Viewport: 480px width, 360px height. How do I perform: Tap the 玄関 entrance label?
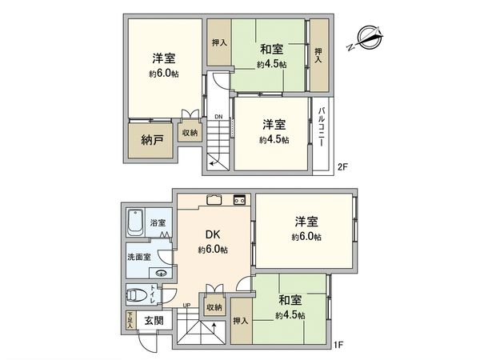pyautogui.click(x=152, y=320)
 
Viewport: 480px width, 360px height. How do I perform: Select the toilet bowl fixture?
pyautogui.click(x=137, y=295)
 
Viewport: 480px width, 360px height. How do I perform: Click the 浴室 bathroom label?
pyautogui.click(x=157, y=223)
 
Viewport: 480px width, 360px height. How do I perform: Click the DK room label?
pyautogui.click(x=212, y=235)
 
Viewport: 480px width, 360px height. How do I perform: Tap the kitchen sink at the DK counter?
pyautogui.click(x=214, y=200)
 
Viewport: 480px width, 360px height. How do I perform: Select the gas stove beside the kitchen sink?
pyautogui.click(x=238, y=199)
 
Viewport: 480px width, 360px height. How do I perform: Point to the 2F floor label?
pyautogui.click(x=342, y=167)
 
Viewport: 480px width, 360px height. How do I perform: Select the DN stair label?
pyautogui.click(x=218, y=118)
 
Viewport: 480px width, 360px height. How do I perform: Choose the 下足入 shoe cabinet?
pyautogui.click(x=130, y=321)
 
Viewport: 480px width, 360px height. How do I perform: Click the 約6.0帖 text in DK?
pyautogui.click(x=212, y=250)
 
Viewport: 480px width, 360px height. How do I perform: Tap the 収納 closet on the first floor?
pyautogui.click(x=214, y=306)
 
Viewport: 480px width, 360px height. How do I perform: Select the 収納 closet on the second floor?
pyautogui.click(x=189, y=133)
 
